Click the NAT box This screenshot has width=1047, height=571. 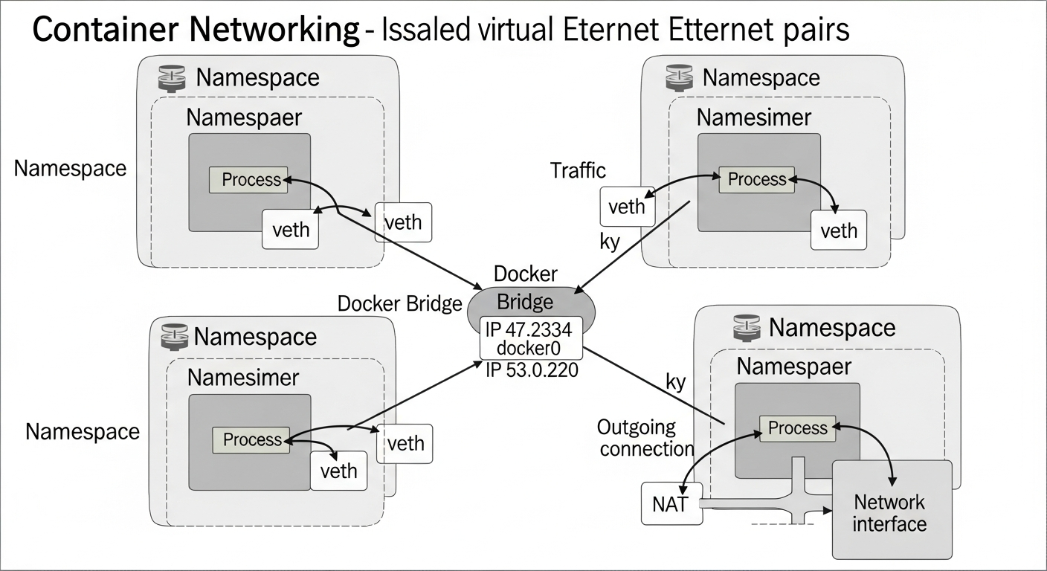point(671,504)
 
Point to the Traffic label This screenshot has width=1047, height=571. point(578,170)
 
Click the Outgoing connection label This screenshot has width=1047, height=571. point(645,438)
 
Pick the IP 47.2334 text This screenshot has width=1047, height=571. point(529,329)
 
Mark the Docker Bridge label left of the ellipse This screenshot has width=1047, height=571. point(400,303)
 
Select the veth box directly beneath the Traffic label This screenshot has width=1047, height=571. point(627,206)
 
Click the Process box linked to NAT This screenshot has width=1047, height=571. point(797,428)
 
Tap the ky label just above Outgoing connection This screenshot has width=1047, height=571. point(675,382)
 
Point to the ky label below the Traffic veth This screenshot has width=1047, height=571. point(610,242)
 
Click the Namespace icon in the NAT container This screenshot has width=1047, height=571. point(747,327)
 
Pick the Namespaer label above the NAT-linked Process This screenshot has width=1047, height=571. point(793,367)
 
